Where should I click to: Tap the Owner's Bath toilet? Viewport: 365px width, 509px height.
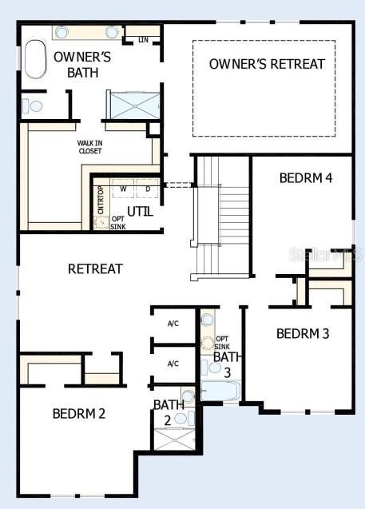(33, 105)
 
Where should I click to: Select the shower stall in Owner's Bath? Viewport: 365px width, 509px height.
(133, 105)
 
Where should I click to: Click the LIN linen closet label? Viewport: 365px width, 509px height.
(144, 39)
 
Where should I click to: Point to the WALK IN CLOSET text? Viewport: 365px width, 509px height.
(90, 146)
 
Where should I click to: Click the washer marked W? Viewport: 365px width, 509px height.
(123, 189)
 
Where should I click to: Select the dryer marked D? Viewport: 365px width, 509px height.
(147, 189)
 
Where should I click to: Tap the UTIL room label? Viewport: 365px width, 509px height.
(140, 212)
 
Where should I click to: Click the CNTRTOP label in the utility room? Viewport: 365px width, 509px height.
(101, 200)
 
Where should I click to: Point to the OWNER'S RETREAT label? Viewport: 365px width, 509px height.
(268, 64)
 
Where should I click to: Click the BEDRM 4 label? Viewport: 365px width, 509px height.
(305, 177)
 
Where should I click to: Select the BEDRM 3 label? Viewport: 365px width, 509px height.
(303, 334)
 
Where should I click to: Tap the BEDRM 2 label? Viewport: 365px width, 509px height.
(79, 414)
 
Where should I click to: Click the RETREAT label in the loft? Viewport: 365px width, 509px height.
(95, 268)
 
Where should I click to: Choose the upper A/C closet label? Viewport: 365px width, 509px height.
(173, 324)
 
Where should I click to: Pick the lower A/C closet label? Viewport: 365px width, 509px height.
(173, 364)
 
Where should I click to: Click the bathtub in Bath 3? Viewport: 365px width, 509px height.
(220, 392)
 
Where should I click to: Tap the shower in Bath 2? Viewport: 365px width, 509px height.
(174, 439)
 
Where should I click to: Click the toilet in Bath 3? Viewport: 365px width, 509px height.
(207, 368)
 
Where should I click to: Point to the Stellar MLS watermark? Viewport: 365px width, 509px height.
(326, 255)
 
